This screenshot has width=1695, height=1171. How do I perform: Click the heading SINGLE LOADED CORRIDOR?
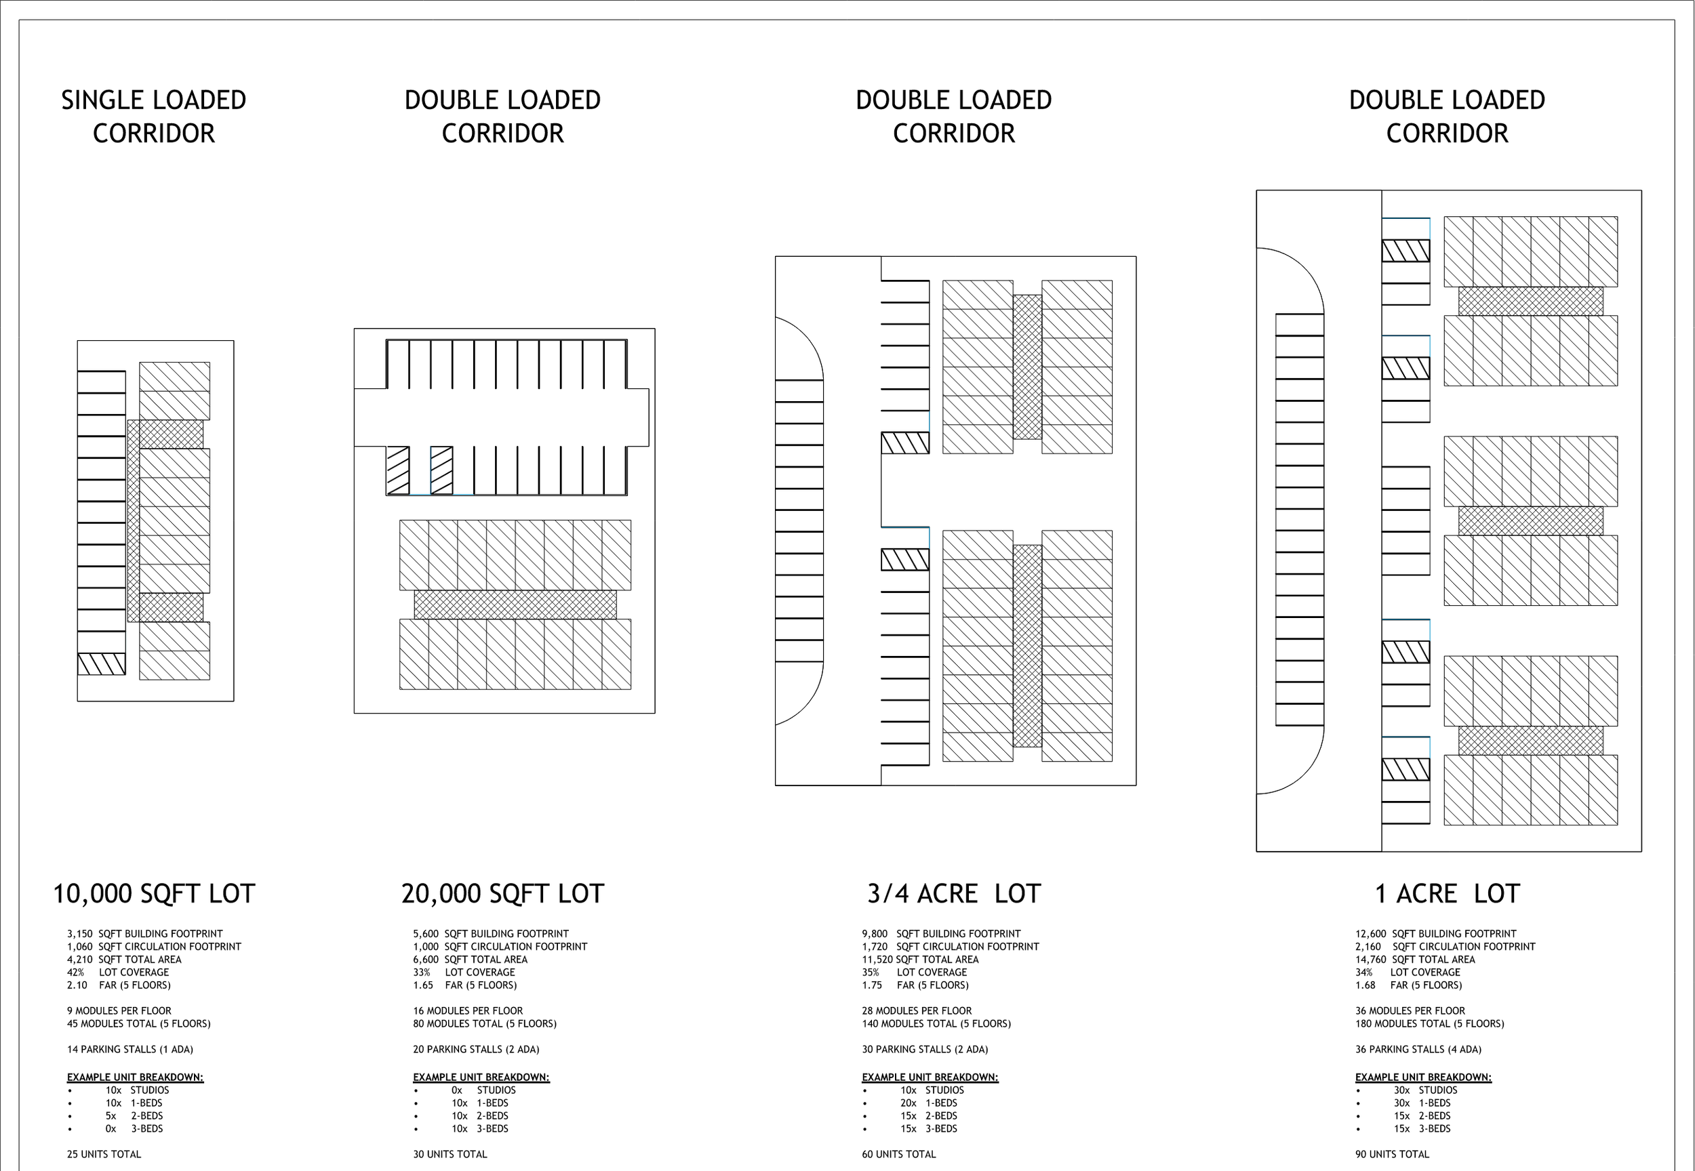click(153, 117)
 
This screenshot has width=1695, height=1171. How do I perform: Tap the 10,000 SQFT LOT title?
click(153, 894)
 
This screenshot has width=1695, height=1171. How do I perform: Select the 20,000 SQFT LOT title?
click(503, 894)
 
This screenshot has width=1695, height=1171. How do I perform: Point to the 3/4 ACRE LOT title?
click(953, 894)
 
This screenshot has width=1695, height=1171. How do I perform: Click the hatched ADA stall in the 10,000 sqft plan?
click(101, 664)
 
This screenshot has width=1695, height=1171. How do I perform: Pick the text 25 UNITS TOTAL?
click(104, 1154)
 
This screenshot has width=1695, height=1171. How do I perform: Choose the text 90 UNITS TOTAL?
click(1392, 1154)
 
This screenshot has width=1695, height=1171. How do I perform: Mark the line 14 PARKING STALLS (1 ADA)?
click(130, 1049)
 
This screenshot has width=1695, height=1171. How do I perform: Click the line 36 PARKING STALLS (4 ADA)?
click(1418, 1049)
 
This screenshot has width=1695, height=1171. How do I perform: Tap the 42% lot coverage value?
click(76, 972)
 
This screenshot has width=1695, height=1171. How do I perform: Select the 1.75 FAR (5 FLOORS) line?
click(915, 985)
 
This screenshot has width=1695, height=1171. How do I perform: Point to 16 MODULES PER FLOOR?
click(468, 1010)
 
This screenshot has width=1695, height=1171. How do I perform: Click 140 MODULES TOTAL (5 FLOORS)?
click(936, 1023)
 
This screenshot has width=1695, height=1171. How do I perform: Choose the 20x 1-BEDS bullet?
click(929, 1103)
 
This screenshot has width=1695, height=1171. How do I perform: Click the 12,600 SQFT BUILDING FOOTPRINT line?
click(1435, 934)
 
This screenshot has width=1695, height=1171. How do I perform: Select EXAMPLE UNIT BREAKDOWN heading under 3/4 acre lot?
click(930, 1077)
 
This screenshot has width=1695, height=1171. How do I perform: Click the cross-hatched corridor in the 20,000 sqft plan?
click(515, 604)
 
